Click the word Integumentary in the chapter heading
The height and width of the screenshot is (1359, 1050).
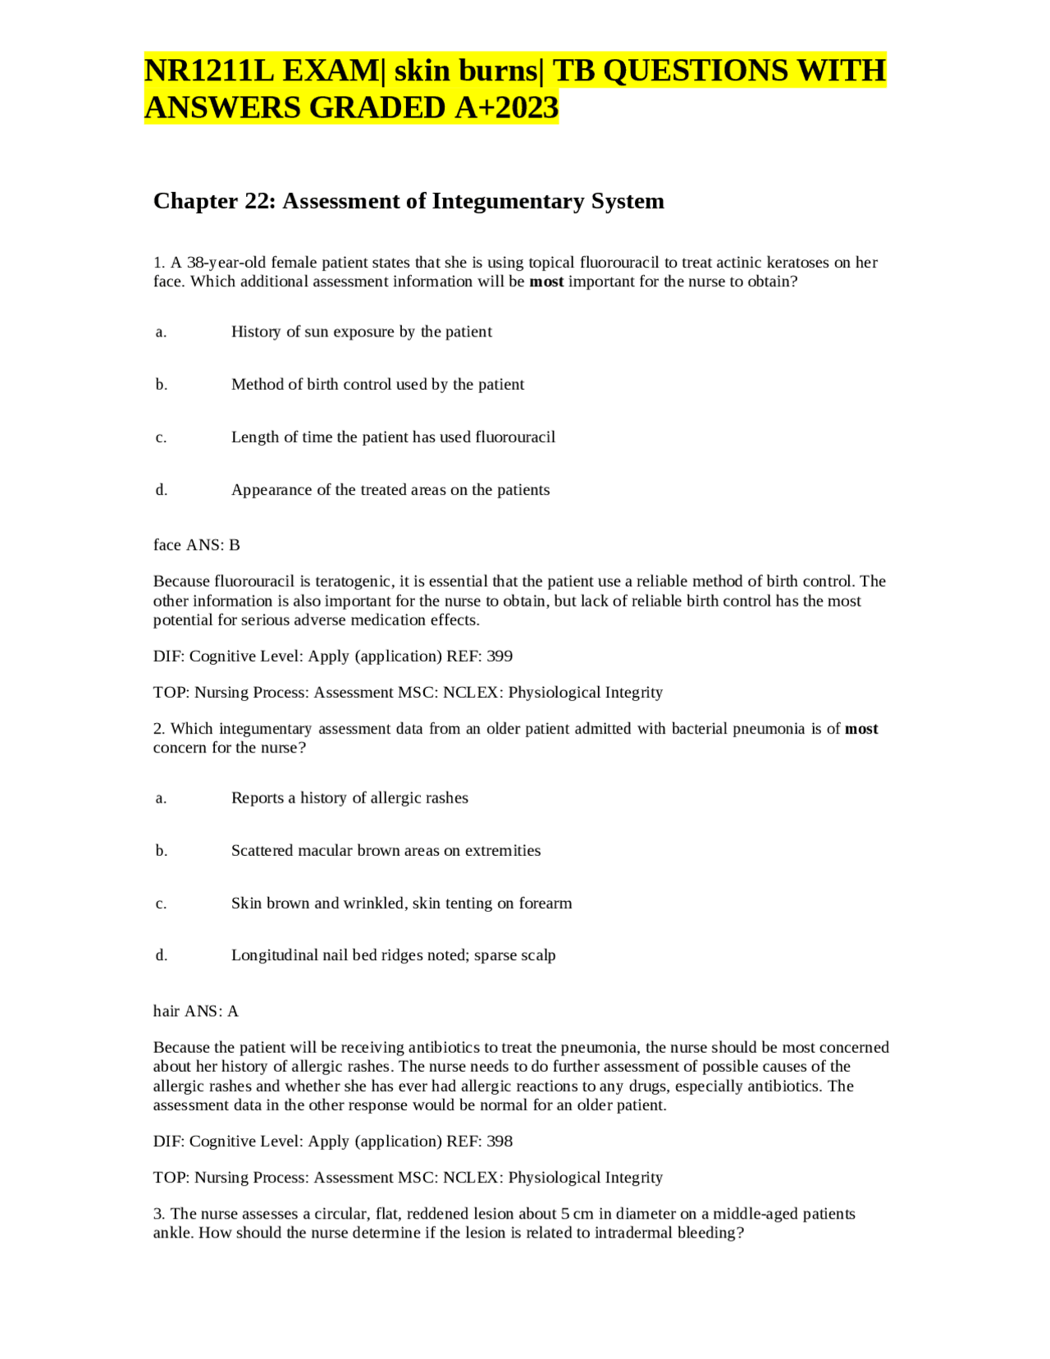click(x=509, y=201)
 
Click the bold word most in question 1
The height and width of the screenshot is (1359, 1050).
click(x=546, y=282)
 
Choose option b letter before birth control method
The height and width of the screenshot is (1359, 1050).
click(x=162, y=385)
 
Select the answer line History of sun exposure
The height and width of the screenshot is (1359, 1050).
click(x=361, y=332)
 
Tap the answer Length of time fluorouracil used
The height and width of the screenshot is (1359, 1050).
click(x=393, y=437)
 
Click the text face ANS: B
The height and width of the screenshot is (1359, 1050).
click(x=197, y=545)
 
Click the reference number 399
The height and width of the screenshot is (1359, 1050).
click(x=500, y=657)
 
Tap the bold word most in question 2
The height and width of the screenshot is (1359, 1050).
click(x=861, y=729)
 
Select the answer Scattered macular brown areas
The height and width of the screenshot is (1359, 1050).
click(x=386, y=851)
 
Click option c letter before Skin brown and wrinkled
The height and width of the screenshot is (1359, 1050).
click(x=162, y=904)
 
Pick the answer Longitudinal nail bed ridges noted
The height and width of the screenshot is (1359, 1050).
click(x=393, y=955)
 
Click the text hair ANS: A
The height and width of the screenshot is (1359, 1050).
click(x=196, y=1011)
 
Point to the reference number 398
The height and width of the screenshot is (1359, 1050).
click(x=500, y=1142)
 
